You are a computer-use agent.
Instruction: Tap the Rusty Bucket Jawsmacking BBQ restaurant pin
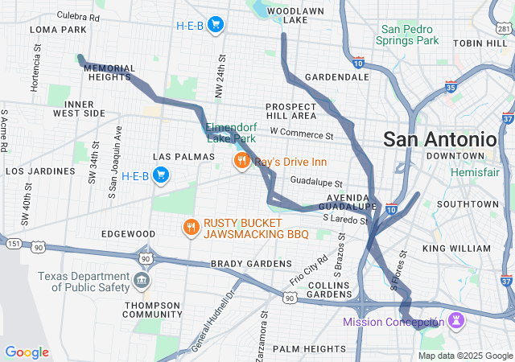[190, 228]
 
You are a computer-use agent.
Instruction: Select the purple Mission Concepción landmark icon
[456, 321]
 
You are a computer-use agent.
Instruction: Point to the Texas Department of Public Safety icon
[142, 281]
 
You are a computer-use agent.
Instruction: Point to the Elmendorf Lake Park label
[235, 133]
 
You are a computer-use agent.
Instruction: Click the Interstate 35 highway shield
[451, 87]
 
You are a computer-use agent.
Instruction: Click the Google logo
[27, 352]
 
